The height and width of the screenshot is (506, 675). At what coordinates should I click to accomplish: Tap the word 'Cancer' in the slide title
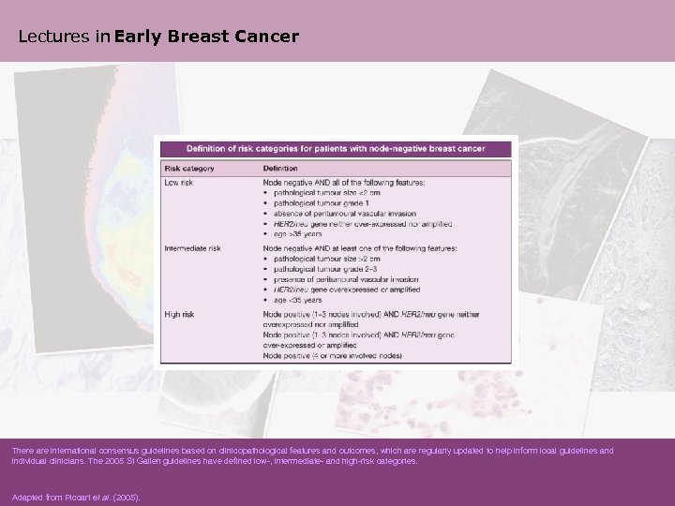(x=267, y=37)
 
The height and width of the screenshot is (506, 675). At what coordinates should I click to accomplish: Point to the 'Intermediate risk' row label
(x=195, y=248)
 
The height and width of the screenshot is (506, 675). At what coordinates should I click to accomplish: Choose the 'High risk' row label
(x=181, y=313)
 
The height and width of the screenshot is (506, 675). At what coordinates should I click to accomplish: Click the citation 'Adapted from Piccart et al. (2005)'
(x=75, y=497)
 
